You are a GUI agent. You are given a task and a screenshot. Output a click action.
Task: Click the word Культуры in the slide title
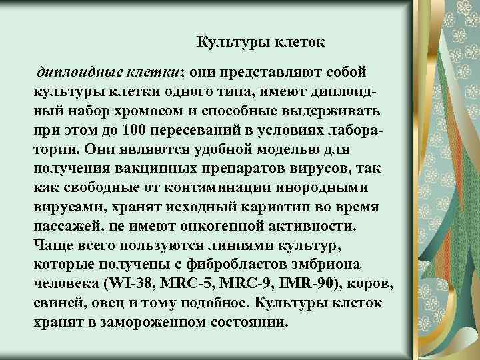229,43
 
